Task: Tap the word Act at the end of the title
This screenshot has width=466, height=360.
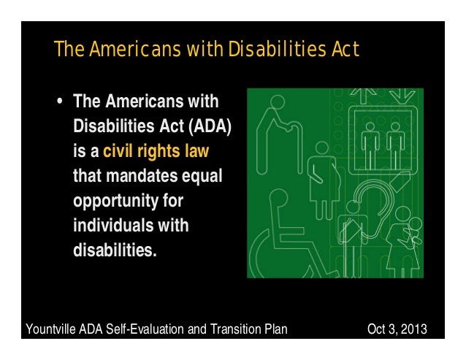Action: click(342, 50)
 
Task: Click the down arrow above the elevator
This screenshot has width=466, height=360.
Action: click(402, 96)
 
